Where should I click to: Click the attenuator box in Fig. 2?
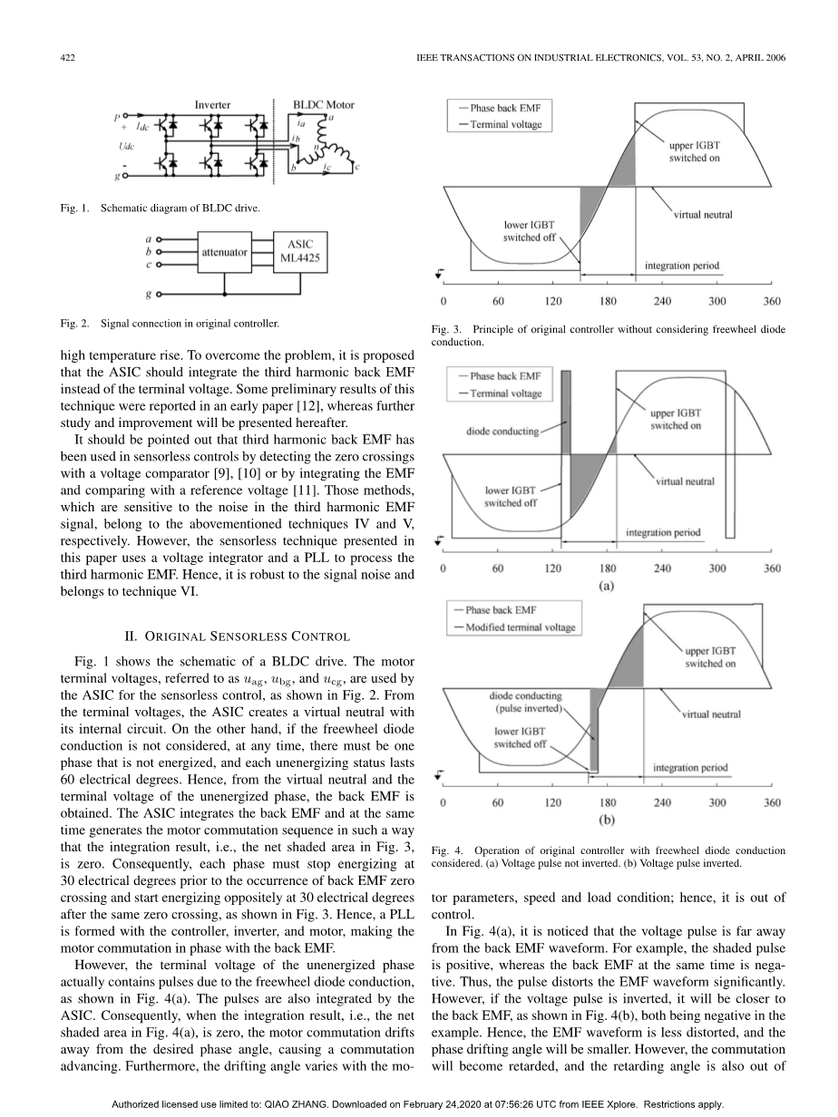224,252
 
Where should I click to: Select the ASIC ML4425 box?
300,251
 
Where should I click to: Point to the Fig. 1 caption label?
73,208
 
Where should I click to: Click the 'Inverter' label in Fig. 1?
212,105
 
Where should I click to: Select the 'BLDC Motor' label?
323,105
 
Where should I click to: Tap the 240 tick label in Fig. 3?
662,301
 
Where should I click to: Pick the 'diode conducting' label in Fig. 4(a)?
502,432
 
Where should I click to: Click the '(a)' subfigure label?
608,586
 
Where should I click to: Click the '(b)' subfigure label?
608,820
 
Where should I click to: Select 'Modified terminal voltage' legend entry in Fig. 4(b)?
521,627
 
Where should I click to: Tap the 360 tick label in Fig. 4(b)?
773,802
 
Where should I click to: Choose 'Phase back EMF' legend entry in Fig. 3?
505,108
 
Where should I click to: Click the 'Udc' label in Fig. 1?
131,145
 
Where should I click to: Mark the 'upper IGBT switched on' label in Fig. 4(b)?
710,657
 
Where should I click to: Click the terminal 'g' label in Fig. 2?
148,295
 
